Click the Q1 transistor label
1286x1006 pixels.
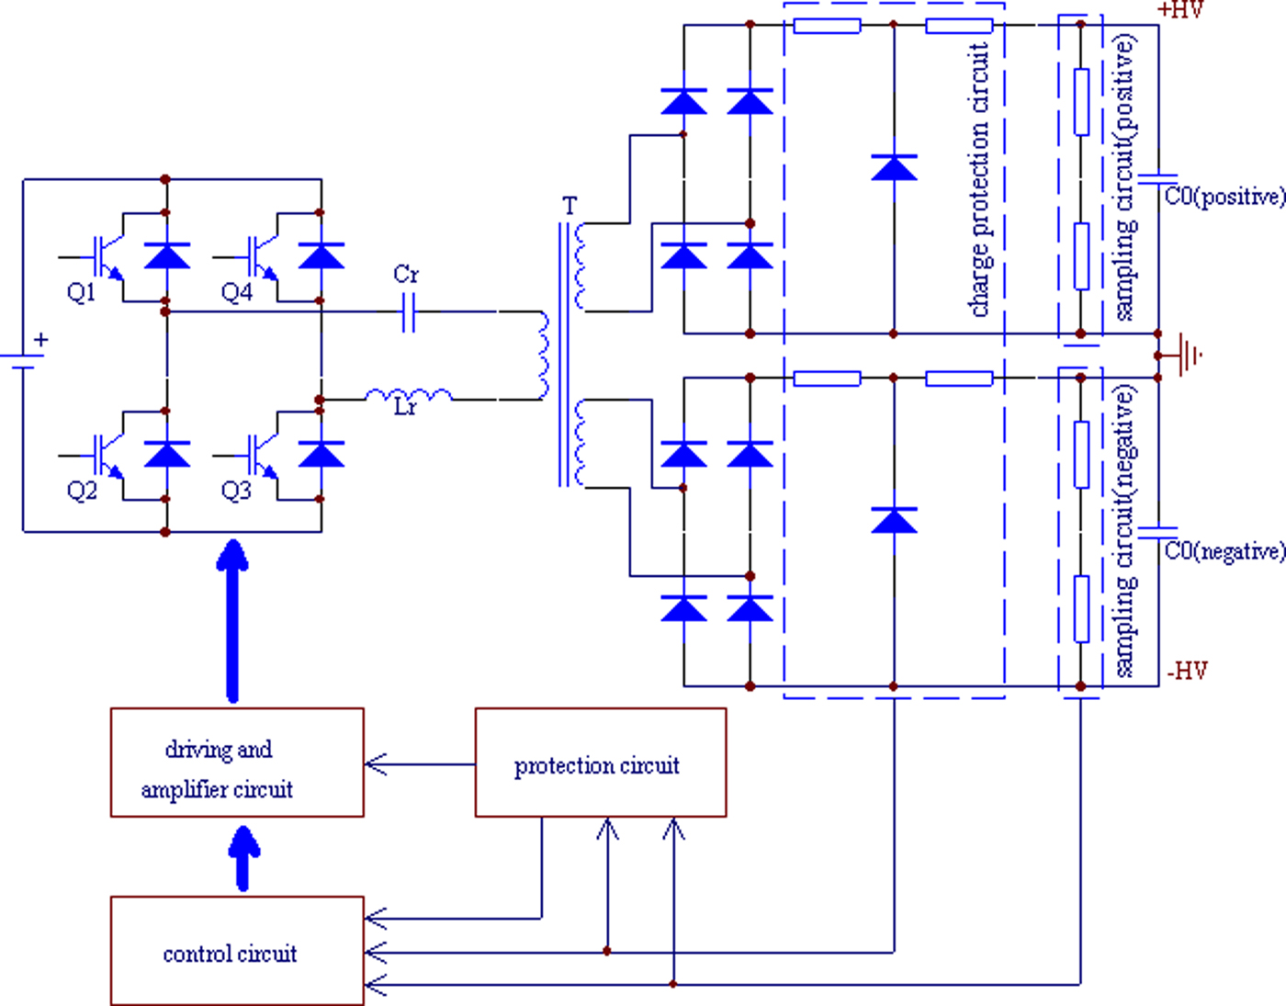pos(81,293)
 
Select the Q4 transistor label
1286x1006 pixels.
pos(236,293)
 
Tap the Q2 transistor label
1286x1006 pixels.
pos(81,491)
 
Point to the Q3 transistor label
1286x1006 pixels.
pos(236,491)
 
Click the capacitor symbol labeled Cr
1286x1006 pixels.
pos(409,312)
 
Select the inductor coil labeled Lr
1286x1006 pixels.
pos(409,396)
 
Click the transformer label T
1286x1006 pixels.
pos(570,206)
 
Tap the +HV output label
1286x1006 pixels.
pos(1180,10)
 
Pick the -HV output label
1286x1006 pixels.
pos(1187,671)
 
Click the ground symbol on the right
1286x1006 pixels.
pos(1189,355)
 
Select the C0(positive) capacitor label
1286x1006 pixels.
pos(1224,197)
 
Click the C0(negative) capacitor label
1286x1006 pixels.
pos(1224,551)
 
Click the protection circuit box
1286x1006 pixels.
pos(600,763)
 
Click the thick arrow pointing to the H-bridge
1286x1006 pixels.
pos(232,621)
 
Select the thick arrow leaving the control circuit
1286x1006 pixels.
pos(243,858)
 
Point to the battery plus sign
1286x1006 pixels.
pos(40,340)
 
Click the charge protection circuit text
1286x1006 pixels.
pos(980,179)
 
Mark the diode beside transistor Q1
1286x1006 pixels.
pos(167,255)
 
